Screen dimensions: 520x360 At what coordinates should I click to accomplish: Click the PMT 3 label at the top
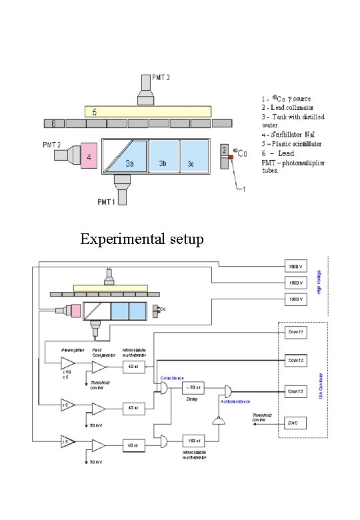161,78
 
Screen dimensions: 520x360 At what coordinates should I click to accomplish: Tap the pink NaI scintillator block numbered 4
89,157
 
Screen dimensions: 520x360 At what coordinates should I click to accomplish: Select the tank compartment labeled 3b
163,157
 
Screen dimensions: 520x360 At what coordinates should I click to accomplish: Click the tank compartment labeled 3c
194,157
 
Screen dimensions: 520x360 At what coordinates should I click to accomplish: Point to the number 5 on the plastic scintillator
95,111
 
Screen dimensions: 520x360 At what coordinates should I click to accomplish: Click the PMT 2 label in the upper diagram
53,144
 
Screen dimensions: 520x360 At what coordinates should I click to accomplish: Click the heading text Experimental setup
141,239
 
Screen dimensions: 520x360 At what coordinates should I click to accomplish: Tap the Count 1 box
296,332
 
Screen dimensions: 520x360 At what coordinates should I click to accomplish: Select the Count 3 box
296,391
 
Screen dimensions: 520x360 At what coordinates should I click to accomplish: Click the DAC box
296,422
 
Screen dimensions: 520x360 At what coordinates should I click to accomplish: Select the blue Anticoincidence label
236,402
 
